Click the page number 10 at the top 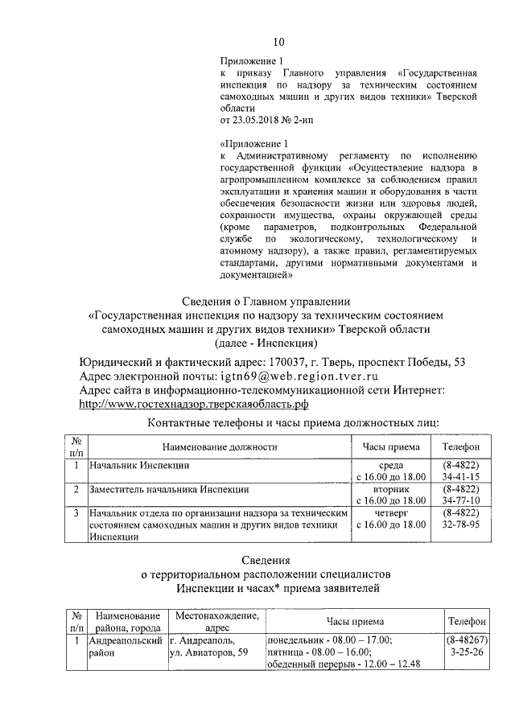tap(278, 42)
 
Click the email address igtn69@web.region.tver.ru tap(298, 376)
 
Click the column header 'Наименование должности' tap(219, 446)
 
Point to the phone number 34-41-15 tap(461, 477)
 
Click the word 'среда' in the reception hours tap(391, 465)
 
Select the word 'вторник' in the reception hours tap(391, 488)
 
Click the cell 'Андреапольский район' tap(125, 647)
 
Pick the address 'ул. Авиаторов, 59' tap(208, 653)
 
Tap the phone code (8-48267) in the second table tap(467, 640)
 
